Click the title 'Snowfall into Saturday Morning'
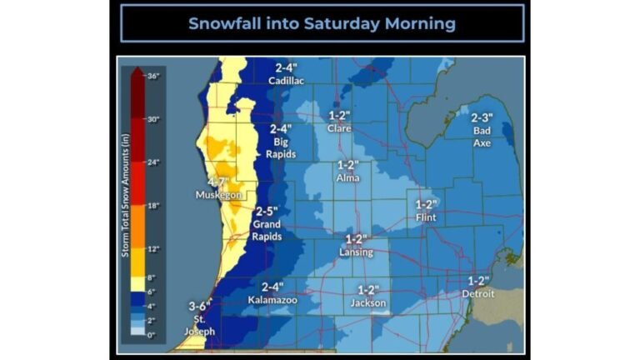tap(322, 23)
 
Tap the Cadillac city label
tap(286, 81)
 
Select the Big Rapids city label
tap(281, 147)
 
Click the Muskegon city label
tap(217, 195)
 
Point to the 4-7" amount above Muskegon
tap(218, 182)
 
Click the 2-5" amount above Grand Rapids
tap(267, 212)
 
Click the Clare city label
tap(339, 128)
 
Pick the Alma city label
tap(347, 178)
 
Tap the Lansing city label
tap(356, 252)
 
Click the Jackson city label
tap(367, 302)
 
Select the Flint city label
tap(425, 217)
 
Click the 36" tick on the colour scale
tap(153, 76)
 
